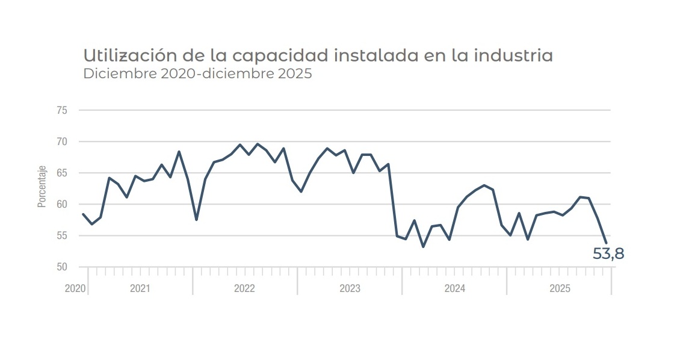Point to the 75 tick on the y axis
[x=62, y=111]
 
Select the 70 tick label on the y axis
[x=62, y=142]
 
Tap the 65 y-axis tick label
[x=62, y=173]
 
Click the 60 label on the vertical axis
[x=62, y=205]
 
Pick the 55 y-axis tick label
[x=62, y=236]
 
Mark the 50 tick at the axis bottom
[x=62, y=267]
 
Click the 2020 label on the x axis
[x=75, y=289]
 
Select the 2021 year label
[x=140, y=289]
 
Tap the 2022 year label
[x=245, y=289]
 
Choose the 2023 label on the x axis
[x=350, y=289]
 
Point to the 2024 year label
[x=454, y=289]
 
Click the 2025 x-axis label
[x=560, y=289]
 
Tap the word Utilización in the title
[x=125, y=56]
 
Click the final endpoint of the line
[x=606, y=243]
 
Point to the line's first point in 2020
[x=83, y=214]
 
